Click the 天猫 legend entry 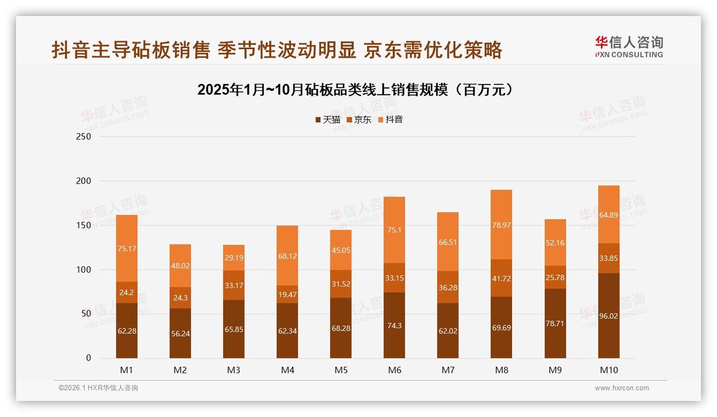click(327, 120)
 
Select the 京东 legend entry click(359, 120)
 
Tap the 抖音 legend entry click(391, 120)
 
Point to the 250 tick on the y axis click(84, 137)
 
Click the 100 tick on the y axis click(84, 270)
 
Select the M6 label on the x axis click(394, 370)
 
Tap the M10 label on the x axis click(608, 370)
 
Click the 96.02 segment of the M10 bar click(608, 315)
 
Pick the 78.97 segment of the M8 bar click(501, 225)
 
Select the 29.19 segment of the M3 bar click(234, 258)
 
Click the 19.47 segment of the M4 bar click(287, 294)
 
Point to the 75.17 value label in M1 click(127, 248)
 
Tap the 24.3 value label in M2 click(180, 298)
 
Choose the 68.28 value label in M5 click(341, 328)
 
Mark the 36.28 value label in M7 click(448, 288)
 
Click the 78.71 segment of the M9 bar click(555, 323)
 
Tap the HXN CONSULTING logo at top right click(629, 47)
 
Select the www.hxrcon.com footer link click(622, 388)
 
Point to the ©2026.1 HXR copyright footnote click(98, 388)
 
